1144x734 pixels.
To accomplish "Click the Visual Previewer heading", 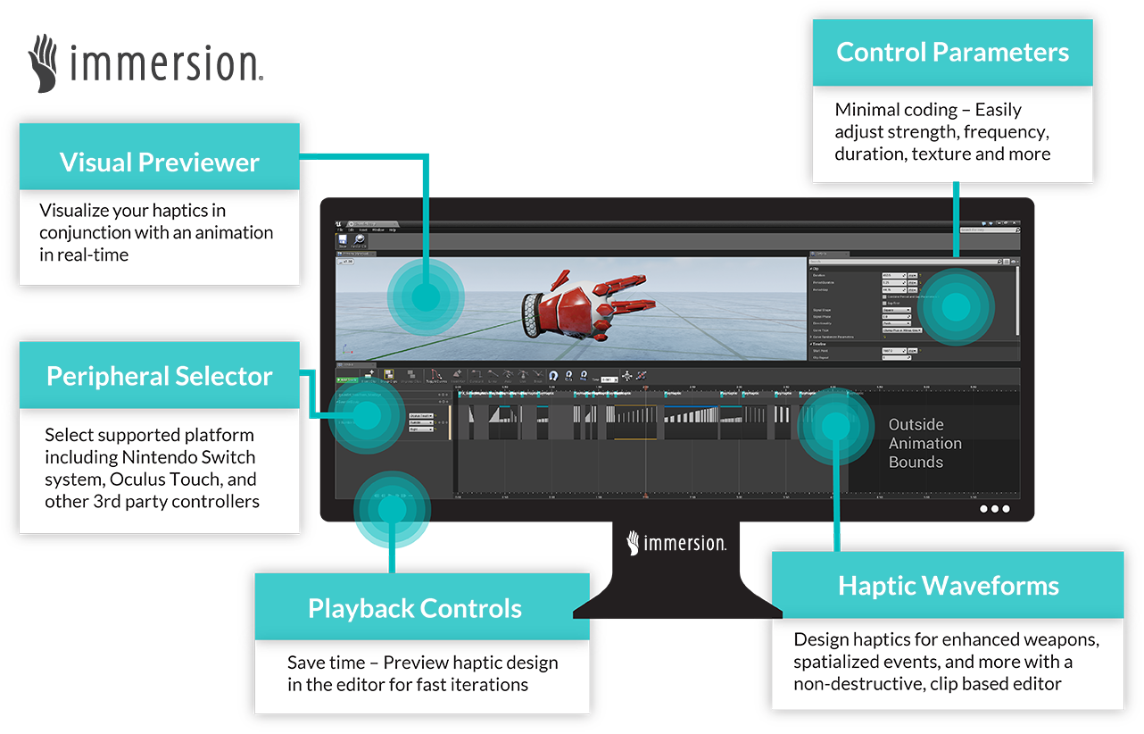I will (x=159, y=163).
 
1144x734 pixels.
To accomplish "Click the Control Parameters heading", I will (x=952, y=52).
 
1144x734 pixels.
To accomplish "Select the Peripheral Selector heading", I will (x=159, y=376).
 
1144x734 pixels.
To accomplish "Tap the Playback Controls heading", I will (x=414, y=609).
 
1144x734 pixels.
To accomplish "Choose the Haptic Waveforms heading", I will (x=948, y=586).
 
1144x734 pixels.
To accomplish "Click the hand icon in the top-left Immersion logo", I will (x=44, y=63).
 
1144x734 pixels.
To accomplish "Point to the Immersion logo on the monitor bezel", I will (x=676, y=542).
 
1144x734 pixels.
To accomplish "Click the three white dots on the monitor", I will (x=994, y=509).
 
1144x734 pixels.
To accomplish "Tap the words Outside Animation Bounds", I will (x=924, y=443).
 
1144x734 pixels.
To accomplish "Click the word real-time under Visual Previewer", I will (x=93, y=254).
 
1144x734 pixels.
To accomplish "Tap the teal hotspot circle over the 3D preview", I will (x=427, y=297).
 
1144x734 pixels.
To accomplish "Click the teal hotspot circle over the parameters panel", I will (x=956, y=307).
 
